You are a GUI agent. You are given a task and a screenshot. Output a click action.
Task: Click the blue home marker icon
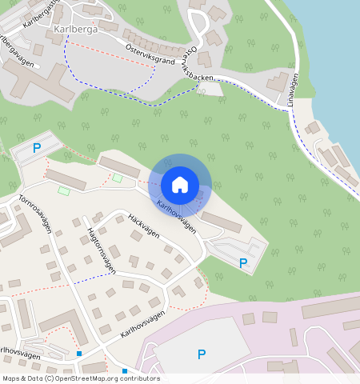tap(180, 185)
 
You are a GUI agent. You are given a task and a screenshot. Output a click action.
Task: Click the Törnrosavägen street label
tap(32, 213)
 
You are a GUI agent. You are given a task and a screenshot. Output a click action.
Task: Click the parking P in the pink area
tap(202, 354)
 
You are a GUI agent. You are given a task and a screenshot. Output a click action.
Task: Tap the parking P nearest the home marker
tap(243, 262)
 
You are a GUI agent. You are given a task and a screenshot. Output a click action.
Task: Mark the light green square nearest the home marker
tap(118, 178)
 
